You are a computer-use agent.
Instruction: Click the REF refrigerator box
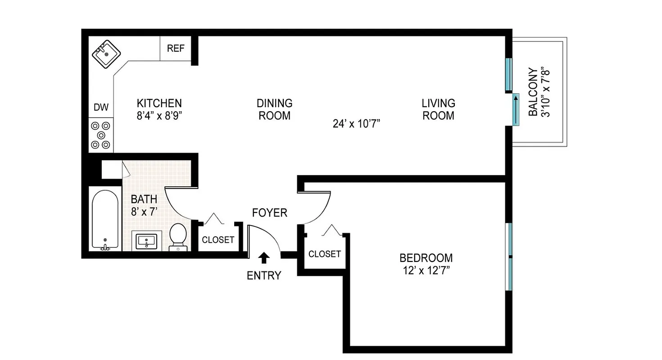176,48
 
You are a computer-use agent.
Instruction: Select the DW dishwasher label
101,108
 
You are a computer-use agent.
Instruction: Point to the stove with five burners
100,135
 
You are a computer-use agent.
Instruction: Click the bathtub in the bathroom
105,219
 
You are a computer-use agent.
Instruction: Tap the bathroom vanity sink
146,241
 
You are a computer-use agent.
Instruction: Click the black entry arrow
264,257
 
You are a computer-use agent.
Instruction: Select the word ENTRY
264,275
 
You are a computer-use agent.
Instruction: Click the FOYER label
269,212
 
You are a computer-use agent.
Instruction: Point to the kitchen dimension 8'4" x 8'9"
159,115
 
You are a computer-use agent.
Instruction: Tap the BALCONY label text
533,92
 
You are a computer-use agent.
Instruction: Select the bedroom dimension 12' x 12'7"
426,270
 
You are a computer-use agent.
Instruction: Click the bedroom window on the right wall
510,257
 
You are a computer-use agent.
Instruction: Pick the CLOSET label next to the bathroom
218,240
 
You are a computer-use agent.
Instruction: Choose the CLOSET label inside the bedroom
325,254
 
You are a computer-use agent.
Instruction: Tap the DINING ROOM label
274,109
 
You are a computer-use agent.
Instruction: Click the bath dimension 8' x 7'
144,211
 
